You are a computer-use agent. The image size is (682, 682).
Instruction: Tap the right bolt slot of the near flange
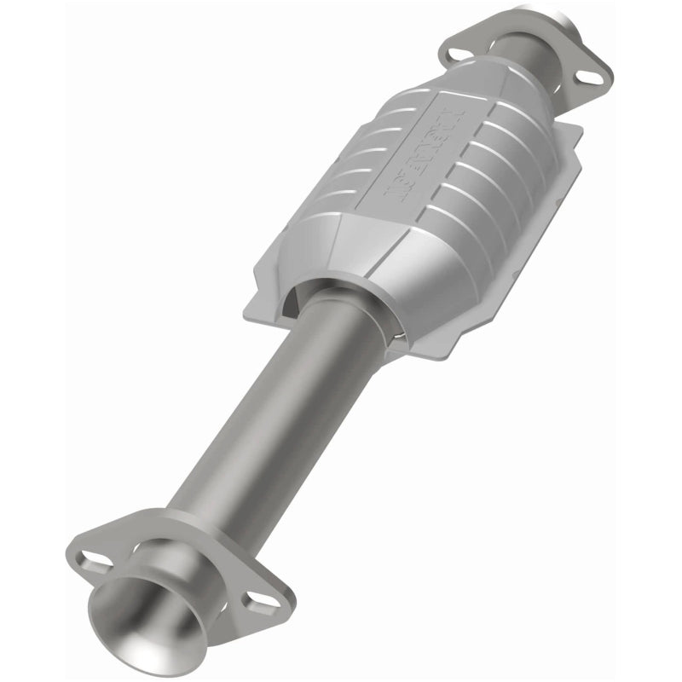[256, 604]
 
